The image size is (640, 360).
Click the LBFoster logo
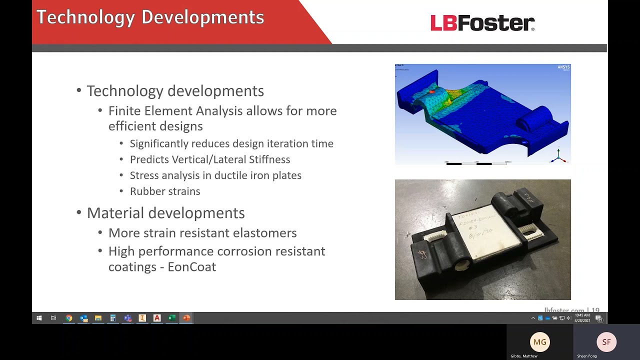pyautogui.click(x=482, y=23)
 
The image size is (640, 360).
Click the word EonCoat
pyautogui.click(x=191, y=266)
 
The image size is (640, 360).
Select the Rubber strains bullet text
pyautogui.click(x=165, y=191)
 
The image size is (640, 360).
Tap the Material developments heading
pyautogui.click(x=165, y=213)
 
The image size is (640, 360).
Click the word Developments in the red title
pyautogui.click(x=202, y=17)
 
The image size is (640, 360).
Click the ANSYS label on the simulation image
pyautogui.click(x=563, y=67)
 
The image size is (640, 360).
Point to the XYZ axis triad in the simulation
pyautogui.click(x=558, y=156)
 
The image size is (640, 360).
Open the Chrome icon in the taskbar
pyautogui.click(x=69, y=318)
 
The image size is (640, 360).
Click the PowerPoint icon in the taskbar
pyautogui.click(x=186, y=318)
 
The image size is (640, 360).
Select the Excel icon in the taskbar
pyautogui.click(x=171, y=318)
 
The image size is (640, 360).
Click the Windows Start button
pyautogui.click(x=39, y=318)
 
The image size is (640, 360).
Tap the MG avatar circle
pyautogui.click(x=539, y=342)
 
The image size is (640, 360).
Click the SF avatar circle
pyautogui.click(x=606, y=342)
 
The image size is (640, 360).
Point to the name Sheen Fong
pyautogui.click(x=587, y=356)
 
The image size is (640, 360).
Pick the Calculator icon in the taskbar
pyautogui.click(x=113, y=318)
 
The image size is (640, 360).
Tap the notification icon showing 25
pyautogui.click(x=598, y=318)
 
